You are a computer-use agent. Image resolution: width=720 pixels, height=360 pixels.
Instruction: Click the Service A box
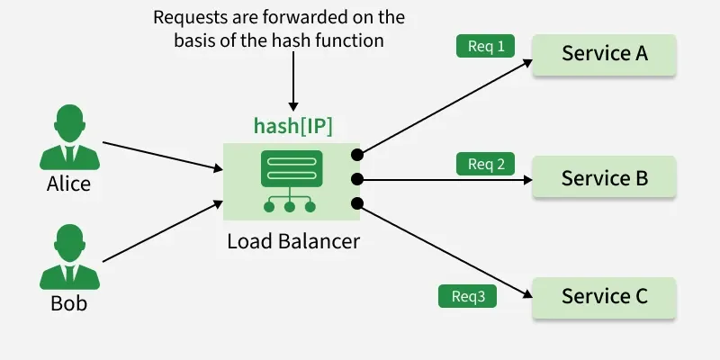tap(604, 54)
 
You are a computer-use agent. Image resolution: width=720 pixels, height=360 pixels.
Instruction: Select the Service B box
tap(604, 177)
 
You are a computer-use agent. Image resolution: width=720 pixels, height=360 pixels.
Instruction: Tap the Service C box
tap(604, 297)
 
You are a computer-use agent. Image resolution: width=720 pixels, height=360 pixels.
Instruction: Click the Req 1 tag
tap(485, 47)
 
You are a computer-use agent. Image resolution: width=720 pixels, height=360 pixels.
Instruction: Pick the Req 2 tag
tap(485, 164)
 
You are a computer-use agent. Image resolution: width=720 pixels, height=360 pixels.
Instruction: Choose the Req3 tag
tap(467, 296)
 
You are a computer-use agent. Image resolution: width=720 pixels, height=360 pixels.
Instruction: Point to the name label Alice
tap(68, 184)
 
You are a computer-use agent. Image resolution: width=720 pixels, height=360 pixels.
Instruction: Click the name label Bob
tap(68, 304)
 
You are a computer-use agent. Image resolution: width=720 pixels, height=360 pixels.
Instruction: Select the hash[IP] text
tap(292, 127)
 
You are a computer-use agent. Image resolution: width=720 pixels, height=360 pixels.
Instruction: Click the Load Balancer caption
tap(292, 241)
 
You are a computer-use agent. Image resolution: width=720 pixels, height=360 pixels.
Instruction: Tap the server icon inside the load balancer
tap(290, 181)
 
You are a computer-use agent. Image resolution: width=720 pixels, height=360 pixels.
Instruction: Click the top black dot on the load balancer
tap(357, 156)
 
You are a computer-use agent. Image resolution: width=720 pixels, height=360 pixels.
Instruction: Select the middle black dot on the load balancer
tap(357, 179)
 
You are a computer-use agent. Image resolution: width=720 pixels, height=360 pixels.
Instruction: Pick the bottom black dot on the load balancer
tap(357, 202)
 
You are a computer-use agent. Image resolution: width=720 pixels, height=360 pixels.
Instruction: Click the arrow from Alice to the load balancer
tap(162, 156)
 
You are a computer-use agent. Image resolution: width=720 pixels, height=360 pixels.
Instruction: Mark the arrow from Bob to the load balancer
tap(162, 232)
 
